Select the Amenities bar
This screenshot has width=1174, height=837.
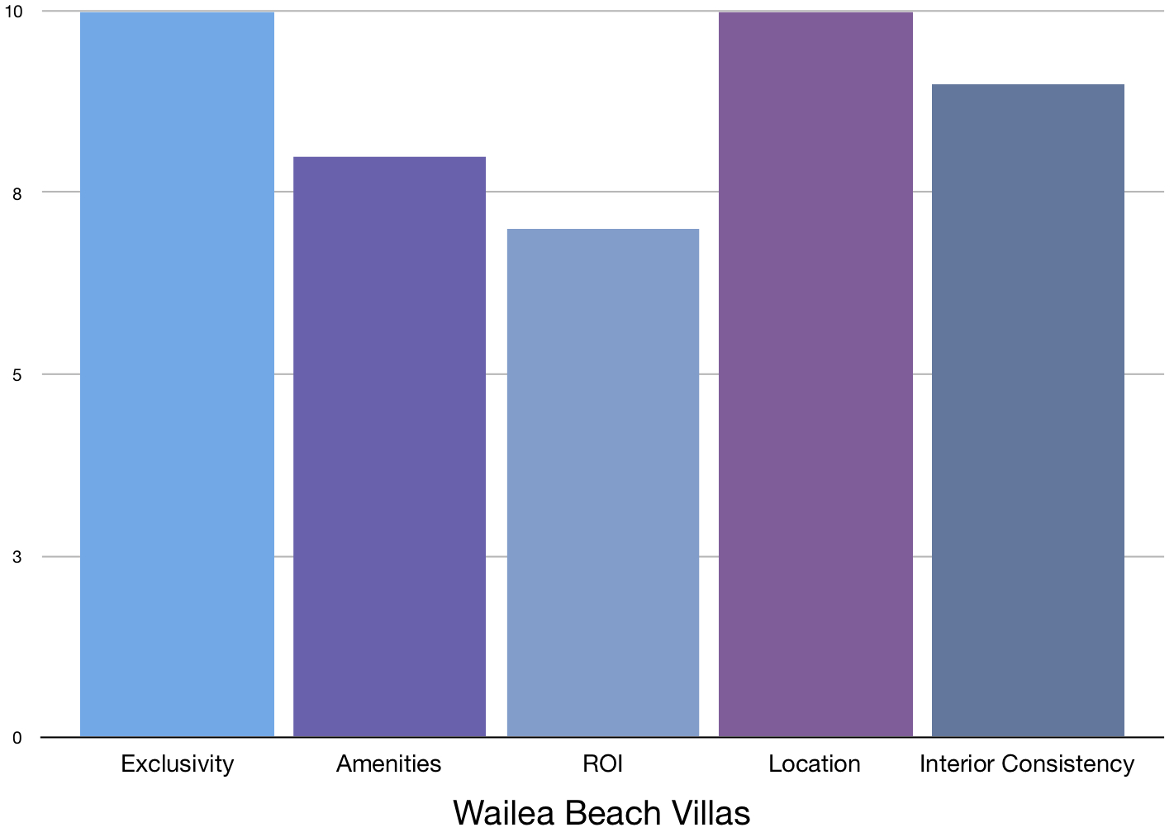point(389,446)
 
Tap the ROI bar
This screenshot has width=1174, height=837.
point(602,483)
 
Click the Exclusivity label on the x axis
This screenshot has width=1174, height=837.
point(177,763)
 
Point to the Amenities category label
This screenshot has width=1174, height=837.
point(389,763)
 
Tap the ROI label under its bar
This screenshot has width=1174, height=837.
point(602,763)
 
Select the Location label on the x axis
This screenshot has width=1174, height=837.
point(815,763)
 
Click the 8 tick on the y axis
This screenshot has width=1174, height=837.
point(17,193)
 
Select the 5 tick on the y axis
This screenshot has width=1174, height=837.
point(17,375)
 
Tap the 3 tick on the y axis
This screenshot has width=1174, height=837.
point(17,557)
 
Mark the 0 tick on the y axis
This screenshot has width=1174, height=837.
point(17,738)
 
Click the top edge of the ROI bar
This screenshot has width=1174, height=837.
point(602,230)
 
